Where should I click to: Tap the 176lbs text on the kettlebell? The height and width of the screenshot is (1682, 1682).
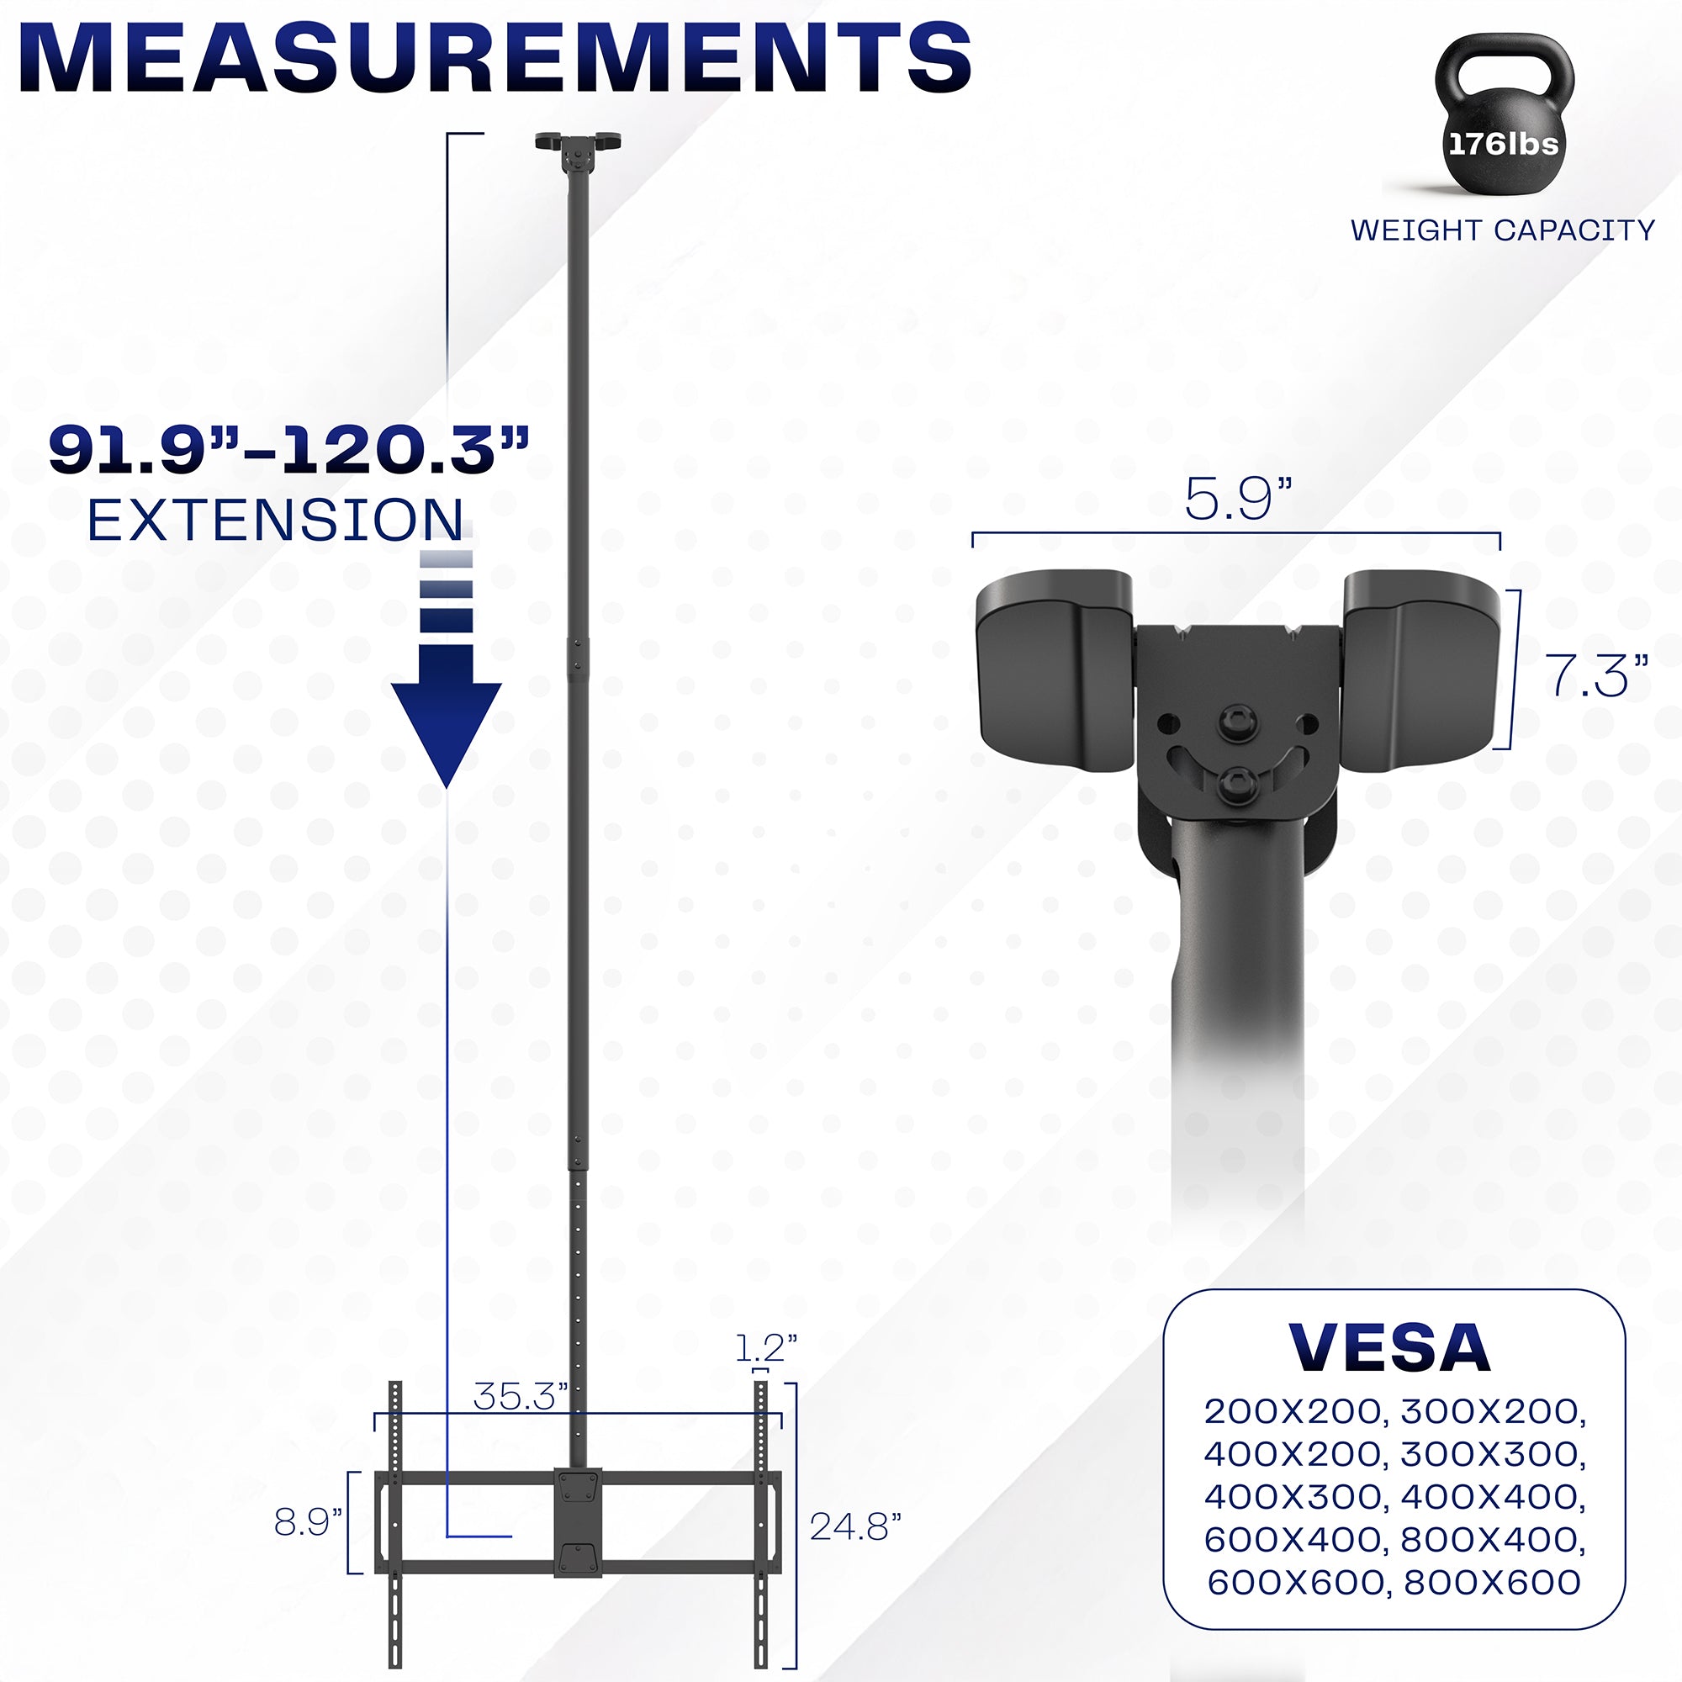pos(1503,144)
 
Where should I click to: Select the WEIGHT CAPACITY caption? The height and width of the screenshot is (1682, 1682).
pos(1502,230)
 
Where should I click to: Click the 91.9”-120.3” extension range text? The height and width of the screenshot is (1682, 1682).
pos(289,451)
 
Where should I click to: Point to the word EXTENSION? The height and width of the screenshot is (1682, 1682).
pos(275,521)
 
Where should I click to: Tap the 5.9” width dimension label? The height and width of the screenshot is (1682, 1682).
pos(1237,500)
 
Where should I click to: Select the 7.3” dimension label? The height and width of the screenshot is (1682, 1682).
pos(1596,676)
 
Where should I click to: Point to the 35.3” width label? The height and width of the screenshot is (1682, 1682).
pos(520,1396)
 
